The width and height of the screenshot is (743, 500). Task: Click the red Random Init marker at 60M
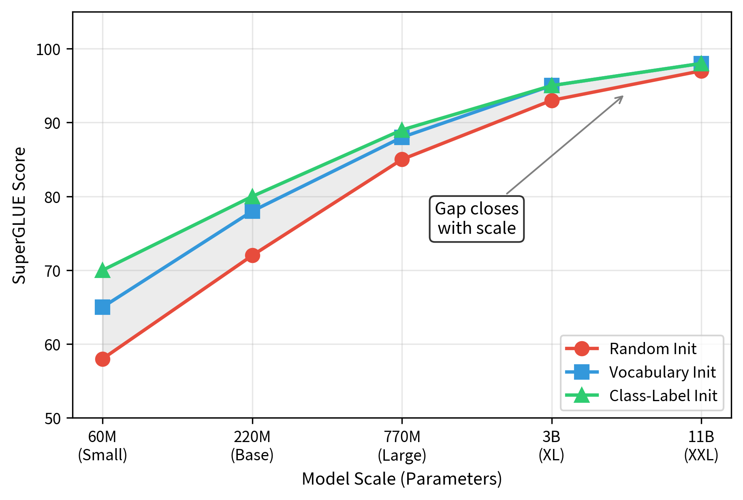pos(102,359)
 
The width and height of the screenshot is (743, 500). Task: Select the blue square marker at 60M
pos(102,308)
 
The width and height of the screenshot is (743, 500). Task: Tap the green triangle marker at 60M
pos(102,271)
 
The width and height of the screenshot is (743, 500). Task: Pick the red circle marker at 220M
pos(252,256)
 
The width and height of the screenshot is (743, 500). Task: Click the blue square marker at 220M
pos(252,211)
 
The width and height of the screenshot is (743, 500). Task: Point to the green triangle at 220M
pos(252,197)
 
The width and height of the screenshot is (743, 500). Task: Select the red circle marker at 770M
pos(402,160)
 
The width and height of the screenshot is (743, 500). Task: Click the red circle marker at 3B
pos(552,100)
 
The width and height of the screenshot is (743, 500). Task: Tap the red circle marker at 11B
pos(701,71)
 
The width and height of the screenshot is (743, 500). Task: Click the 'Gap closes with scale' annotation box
pos(476,219)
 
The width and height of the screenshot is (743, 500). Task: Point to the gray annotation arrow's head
pos(622,96)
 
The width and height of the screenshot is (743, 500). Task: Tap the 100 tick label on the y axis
pos(48,49)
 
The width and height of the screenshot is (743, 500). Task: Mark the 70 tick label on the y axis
pos(52,271)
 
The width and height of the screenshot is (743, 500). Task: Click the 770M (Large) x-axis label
pos(402,446)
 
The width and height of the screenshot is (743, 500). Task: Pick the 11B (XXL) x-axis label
pos(701,446)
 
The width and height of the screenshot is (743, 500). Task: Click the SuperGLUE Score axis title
pos(19,215)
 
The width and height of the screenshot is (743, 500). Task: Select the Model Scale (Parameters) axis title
pos(402,479)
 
